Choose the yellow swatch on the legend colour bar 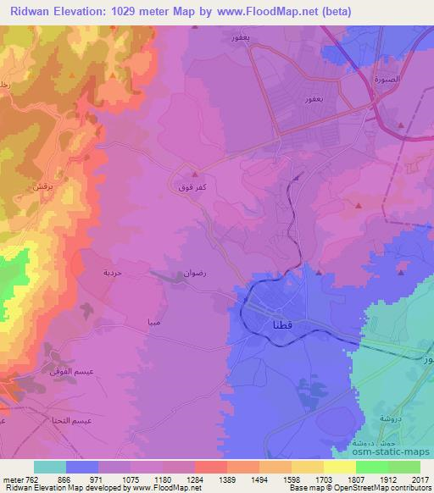[x=339, y=467]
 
